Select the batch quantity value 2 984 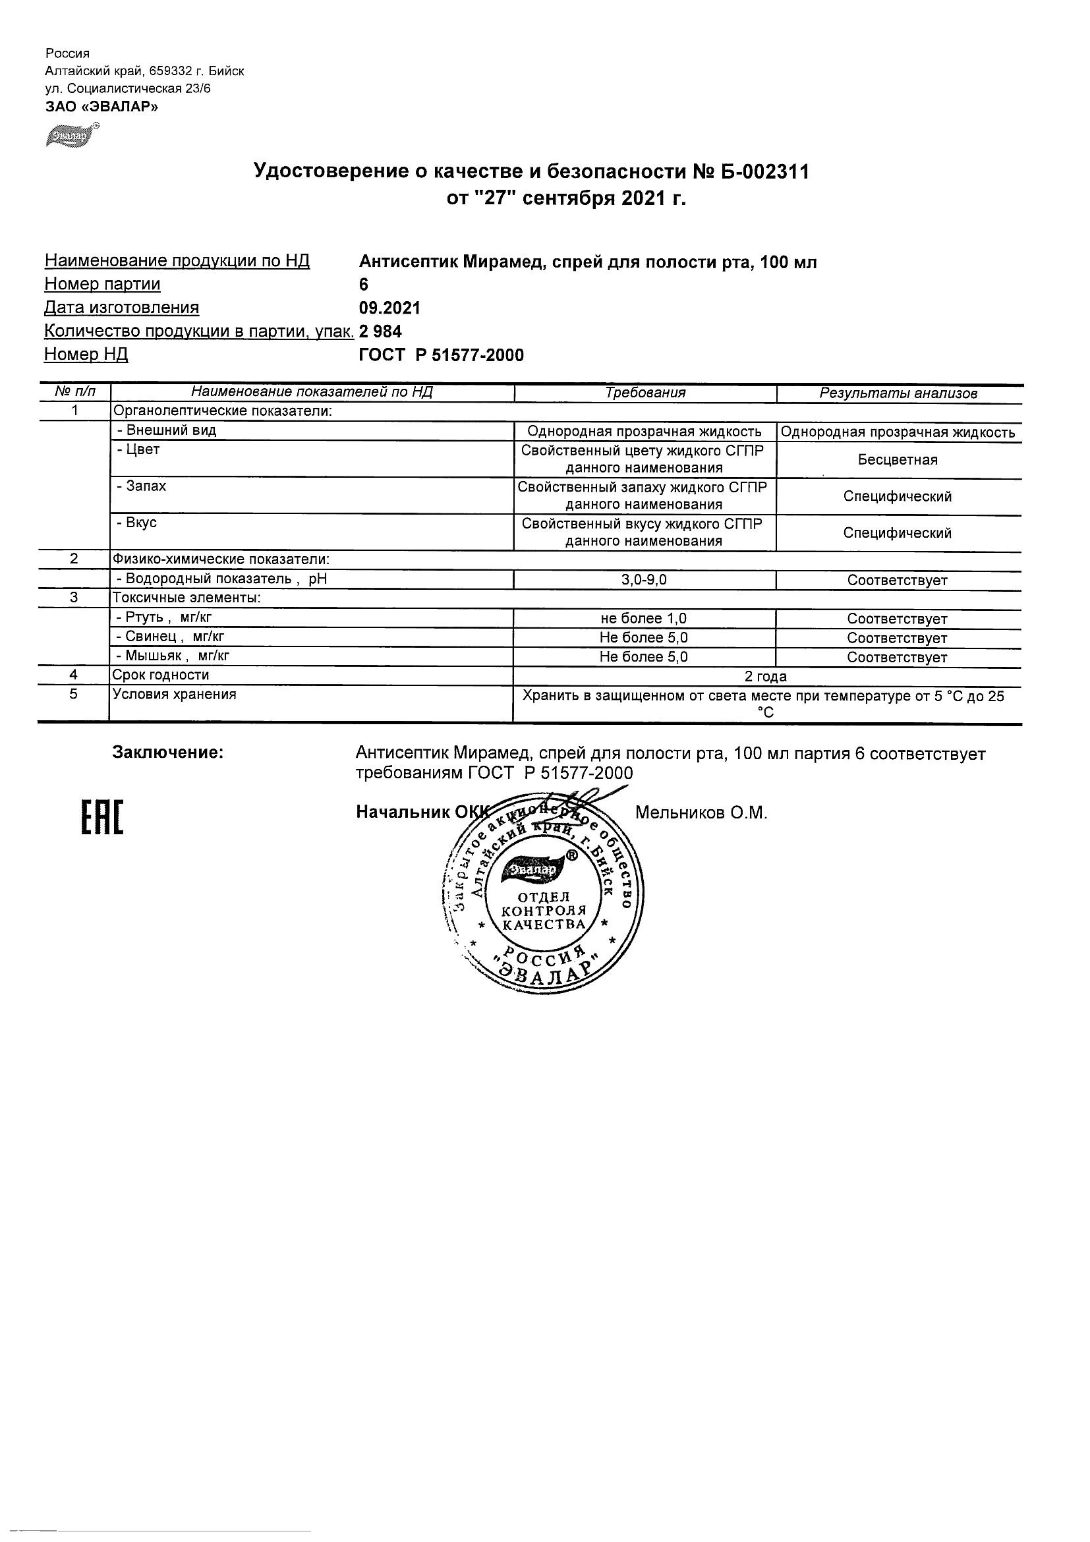381,331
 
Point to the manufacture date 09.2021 389,308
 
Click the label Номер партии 102,284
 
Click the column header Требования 645,393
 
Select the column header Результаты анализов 898,393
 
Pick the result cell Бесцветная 898,460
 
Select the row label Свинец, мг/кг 171,637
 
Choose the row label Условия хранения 175,695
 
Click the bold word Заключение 168,752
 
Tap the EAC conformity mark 102,818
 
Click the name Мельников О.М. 701,813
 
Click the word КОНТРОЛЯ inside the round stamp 544,911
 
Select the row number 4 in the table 73,675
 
